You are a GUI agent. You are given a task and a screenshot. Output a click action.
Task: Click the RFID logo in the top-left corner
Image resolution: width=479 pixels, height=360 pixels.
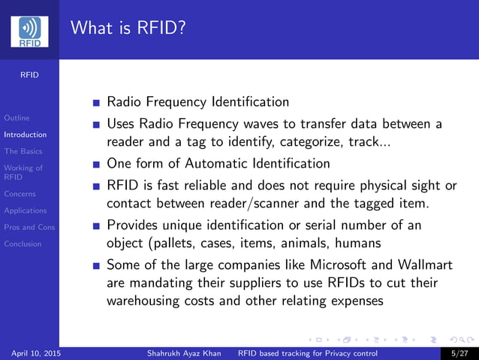29,32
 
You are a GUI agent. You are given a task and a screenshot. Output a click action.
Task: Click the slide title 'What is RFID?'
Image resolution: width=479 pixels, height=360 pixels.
128,29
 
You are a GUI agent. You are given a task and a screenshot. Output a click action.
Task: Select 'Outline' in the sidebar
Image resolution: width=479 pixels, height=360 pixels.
17,118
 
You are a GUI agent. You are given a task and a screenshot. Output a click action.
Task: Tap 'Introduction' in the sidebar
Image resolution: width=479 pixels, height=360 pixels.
25,135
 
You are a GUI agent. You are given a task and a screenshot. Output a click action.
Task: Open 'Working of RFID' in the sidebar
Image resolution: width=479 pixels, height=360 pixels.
23,173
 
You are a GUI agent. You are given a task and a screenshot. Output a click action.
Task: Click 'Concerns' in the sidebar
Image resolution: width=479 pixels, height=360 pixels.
20,194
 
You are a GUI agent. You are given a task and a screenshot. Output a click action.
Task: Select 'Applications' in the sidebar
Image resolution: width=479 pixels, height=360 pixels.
25,210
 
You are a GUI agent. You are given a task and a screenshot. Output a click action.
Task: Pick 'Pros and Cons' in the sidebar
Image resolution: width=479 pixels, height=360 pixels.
29,227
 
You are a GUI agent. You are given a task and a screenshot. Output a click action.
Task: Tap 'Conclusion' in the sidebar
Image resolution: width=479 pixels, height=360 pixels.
23,244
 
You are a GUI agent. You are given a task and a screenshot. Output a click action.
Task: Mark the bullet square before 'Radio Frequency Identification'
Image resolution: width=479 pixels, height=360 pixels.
95,102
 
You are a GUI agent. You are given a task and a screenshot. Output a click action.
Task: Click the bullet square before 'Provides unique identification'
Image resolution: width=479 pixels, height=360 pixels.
95,225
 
